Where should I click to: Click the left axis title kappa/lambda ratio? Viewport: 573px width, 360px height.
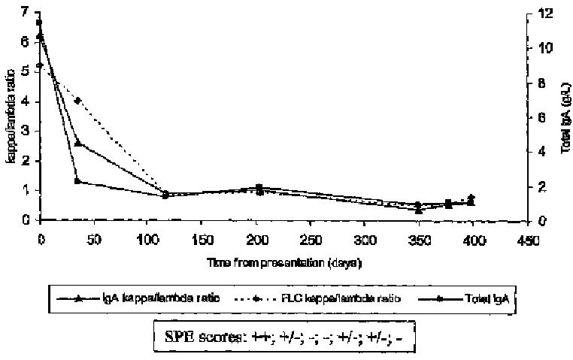11,116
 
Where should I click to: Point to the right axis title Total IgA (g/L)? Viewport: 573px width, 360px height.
565,116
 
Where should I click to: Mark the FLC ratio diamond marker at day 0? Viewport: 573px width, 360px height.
40,65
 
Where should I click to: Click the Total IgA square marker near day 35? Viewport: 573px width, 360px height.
77,181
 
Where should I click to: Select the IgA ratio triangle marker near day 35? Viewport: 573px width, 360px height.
77,142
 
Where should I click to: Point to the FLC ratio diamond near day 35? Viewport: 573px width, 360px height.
77,100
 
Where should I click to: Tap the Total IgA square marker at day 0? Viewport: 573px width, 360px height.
40,23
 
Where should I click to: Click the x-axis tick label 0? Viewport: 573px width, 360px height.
40,239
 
